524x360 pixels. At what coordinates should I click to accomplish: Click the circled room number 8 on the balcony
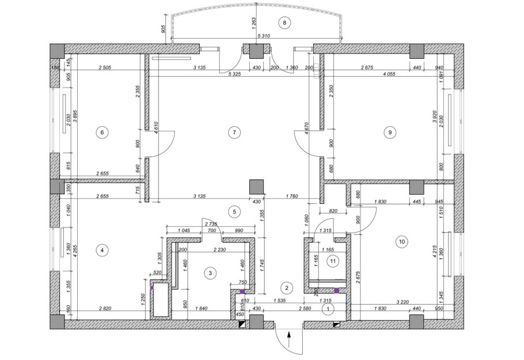[x=284, y=22]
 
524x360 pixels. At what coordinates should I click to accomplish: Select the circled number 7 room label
[x=233, y=132]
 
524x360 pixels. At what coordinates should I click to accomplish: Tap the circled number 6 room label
[x=102, y=132]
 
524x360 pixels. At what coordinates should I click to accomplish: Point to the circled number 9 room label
[x=390, y=132]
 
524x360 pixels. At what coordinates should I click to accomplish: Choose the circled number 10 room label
[x=401, y=241]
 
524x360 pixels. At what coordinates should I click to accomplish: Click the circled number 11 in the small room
[x=332, y=261]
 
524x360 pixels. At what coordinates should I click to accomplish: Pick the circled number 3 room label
[x=211, y=272]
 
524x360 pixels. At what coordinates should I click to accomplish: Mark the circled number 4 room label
[x=102, y=250]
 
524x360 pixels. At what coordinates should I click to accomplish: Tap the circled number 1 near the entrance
[x=328, y=309]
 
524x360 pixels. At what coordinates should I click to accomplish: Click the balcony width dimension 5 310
[x=264, y=36]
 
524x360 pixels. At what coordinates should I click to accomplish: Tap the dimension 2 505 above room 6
[x=104, y=67]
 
